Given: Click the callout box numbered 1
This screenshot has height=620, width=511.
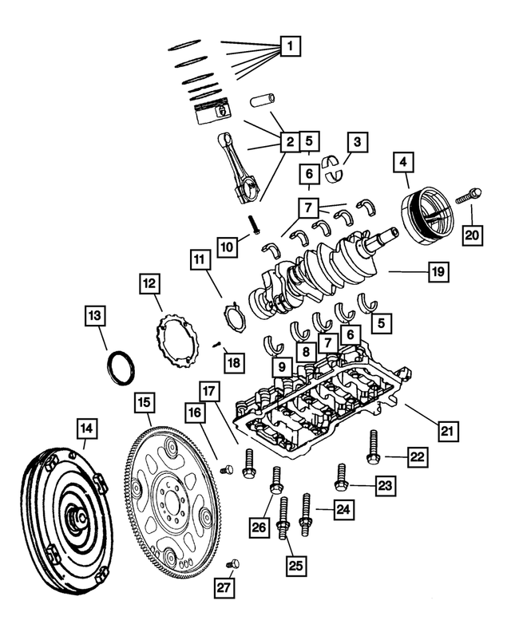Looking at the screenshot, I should [291, 47].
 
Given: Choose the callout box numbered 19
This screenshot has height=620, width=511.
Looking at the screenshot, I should [438, 272].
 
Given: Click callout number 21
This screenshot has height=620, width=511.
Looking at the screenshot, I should [448, 432].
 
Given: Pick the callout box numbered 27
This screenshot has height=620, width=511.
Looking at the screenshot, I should [224, 588].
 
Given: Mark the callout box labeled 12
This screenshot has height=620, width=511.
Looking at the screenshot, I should [149, 283].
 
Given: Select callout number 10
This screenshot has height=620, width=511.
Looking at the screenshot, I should [228, 247].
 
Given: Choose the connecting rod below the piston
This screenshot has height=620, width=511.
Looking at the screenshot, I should [244, 168].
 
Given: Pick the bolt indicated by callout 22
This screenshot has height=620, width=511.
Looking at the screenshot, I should [372, 447].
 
